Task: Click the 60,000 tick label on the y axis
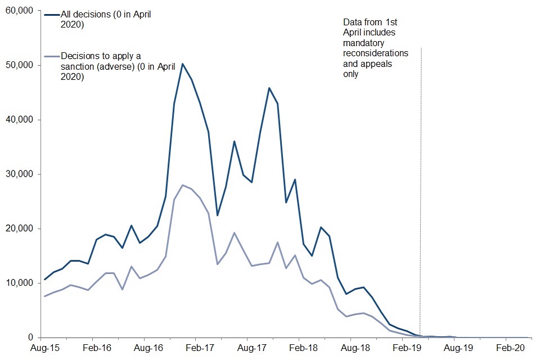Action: [x=19, y=11]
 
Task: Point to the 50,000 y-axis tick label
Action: [x=19, y=65]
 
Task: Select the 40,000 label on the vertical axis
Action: [x=19, y=120]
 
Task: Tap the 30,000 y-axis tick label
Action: [x=19, y=174]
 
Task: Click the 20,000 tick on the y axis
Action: [x=19, y=229]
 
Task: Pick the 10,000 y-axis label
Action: [x=19, y=283]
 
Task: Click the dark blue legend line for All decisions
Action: [x=51, y=16]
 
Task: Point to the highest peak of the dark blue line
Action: [x=183, y=64]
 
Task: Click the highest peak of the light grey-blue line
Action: [x=183, y=185]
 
